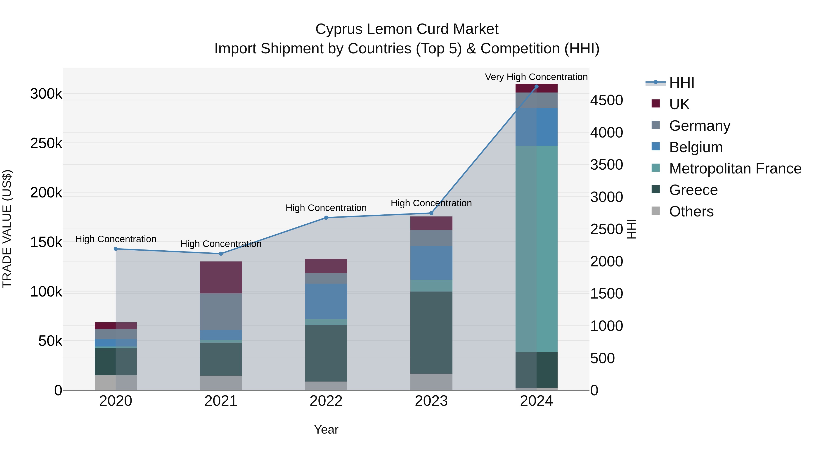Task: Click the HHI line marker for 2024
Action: [x=536, y=87]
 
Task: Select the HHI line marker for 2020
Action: [x=116, y=249]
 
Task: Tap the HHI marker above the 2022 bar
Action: [x=326, y=218]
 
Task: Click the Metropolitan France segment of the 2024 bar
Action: [x=536, y=249]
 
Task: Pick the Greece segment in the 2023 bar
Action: [x=431, y=332]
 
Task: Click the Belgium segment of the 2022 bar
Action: [x=326, y=301]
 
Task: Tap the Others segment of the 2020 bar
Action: [x=115, y=382]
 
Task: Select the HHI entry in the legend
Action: [x=681, y=83]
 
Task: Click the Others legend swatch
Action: [x=656, y=211]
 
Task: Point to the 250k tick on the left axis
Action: [x=46, y=143]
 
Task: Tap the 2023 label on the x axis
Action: [x=431, y=401]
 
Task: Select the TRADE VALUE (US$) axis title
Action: [x=7, y=229]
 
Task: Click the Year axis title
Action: [x=326, y=430]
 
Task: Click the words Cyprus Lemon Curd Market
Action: [x=407, y=29]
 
